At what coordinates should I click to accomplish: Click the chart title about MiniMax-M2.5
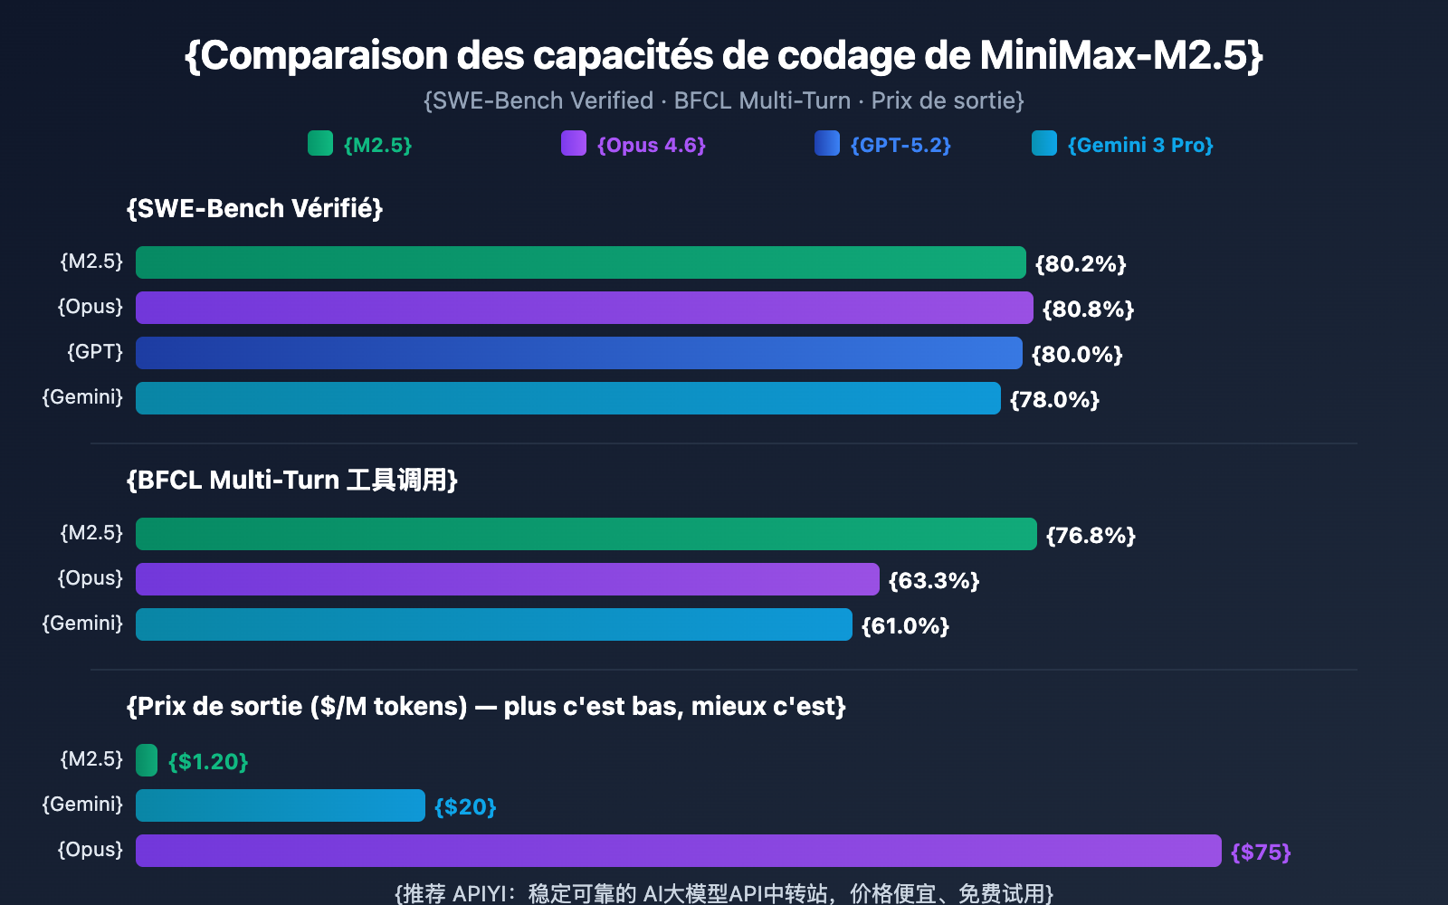723,56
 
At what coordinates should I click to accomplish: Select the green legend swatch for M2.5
320,143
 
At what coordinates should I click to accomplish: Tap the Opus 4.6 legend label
651,145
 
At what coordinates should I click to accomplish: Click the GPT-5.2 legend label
900,145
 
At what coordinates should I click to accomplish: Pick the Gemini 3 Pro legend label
1140,145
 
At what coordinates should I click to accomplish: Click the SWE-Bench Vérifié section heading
254,209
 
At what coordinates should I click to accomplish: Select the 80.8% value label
1088,310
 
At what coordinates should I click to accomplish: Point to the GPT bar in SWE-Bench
579,353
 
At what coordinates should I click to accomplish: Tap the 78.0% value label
1054,400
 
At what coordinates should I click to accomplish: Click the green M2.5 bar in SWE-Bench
580,262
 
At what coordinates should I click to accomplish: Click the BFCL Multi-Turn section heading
291,481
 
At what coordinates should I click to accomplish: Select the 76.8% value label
1091,536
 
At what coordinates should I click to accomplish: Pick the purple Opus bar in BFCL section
507,579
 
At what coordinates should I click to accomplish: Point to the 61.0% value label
905,626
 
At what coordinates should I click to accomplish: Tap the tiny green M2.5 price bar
147,760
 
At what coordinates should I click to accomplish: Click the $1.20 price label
208,762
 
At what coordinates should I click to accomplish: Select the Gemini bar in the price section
281,805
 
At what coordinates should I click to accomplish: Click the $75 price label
1261,853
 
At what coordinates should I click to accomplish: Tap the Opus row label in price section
90,850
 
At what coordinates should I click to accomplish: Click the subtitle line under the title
723,100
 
